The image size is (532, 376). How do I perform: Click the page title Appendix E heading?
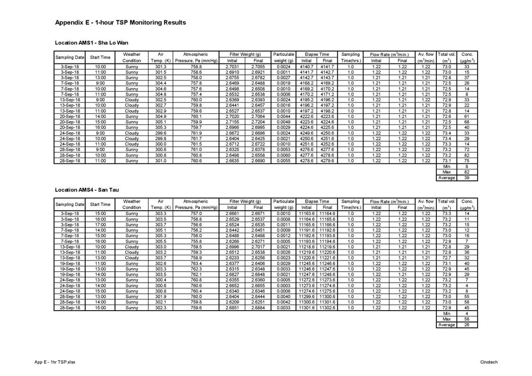tap(120, 23)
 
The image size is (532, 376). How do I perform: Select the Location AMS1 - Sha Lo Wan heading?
tap(91, 43)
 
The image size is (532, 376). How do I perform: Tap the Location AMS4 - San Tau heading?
tap(87, 190)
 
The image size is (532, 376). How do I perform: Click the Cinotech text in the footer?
tap(488, 362)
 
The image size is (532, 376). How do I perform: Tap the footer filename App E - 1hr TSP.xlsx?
tap(55, 362)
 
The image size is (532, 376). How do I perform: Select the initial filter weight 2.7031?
tap(232, 67)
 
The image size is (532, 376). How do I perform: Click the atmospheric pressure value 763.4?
tap(196, 263)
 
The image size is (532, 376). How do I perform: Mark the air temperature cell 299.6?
tap(161, 133)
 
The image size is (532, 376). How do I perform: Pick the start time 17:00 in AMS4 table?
tap(100, 225)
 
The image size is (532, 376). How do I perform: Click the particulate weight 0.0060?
tap(284, 155)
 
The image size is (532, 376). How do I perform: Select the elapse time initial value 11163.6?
tap(307, 214)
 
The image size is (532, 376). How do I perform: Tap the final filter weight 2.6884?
tap(258, 308)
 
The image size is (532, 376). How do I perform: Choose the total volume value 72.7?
tap(446, 258)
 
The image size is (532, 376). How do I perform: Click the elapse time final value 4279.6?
tap(327, 161)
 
